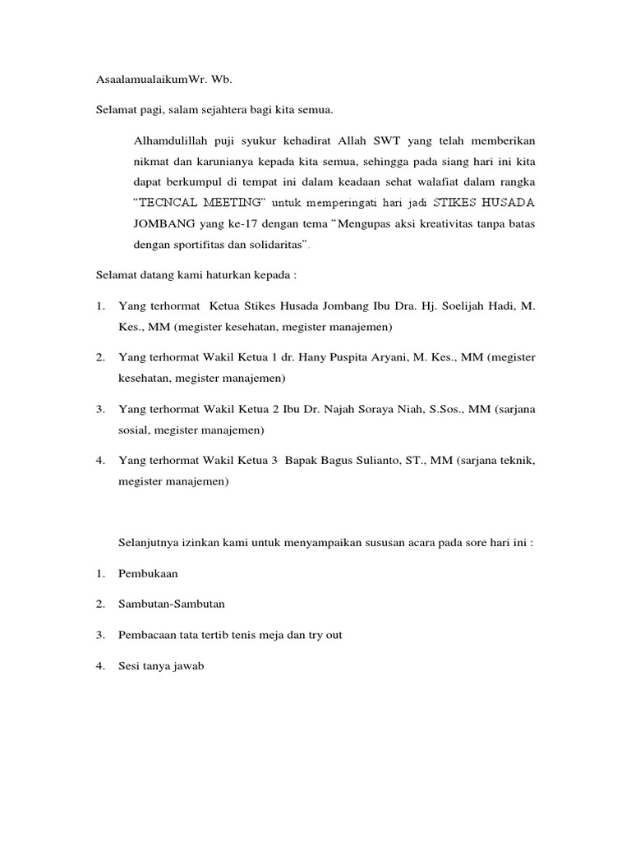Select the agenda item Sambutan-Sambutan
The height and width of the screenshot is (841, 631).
pyautogui.click(x=172, y=604)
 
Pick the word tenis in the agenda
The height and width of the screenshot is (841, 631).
pyautogui.click(x=251, y=635)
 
